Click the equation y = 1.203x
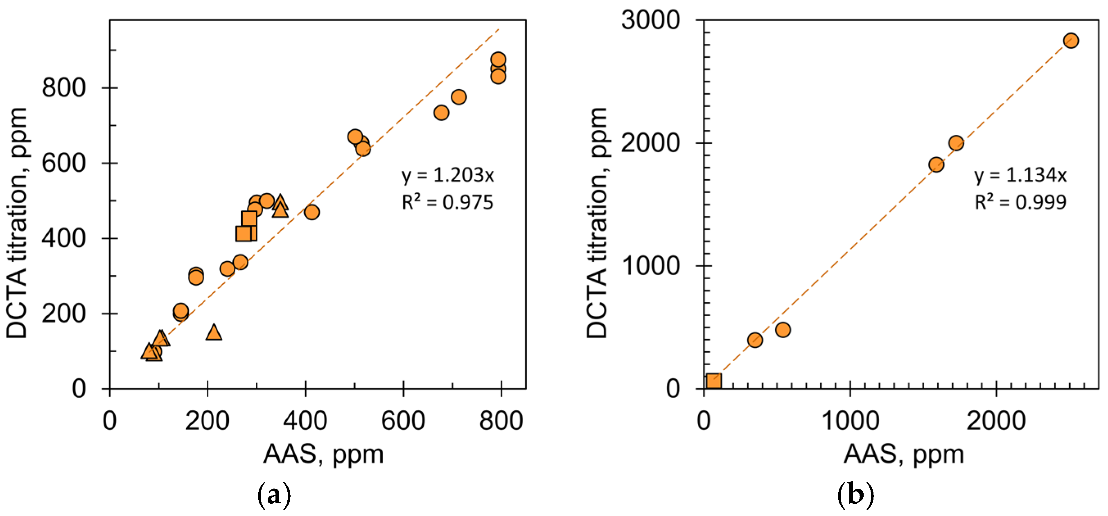[448, 175]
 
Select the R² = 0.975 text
[447, 202]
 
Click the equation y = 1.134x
[1020, 175]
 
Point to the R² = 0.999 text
[1020, 202]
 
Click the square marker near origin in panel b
[713, 381]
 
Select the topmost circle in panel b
[1071, 41]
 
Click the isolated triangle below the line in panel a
[214, 332]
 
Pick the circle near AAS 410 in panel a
[311, 212]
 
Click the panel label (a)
[273, 496]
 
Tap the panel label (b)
[855, 496]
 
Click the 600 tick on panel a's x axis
[403, 421]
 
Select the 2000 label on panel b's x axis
[996, 421]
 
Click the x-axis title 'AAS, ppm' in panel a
[323, 454]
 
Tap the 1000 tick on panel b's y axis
[650, 266]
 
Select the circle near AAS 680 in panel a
[441, 113]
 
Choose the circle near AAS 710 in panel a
[458, 97]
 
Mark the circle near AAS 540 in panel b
[783, 330]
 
